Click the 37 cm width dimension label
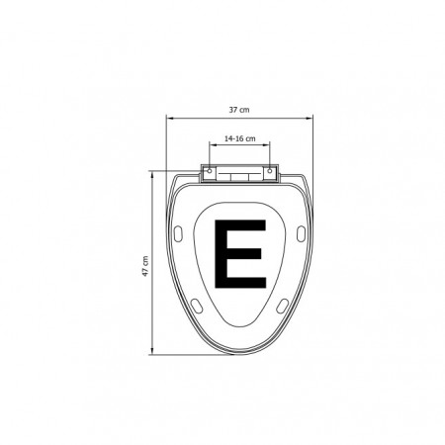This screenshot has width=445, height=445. (x=239, y=110)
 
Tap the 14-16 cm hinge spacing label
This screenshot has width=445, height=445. (x=239, y=138)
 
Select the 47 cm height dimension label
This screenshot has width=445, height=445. (x=145, y=266)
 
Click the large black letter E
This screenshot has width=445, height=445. (x=240, y=254)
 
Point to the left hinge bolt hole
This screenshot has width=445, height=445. (x=210, y=171)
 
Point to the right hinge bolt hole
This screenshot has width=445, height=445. (x=270, y=171)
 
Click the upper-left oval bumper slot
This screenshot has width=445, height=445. (x=178, y=233)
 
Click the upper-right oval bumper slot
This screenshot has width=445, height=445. (x=301, y=233)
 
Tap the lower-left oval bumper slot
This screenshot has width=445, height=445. (x=197, y=306)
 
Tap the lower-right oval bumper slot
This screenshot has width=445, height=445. (x=282, y=306)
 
